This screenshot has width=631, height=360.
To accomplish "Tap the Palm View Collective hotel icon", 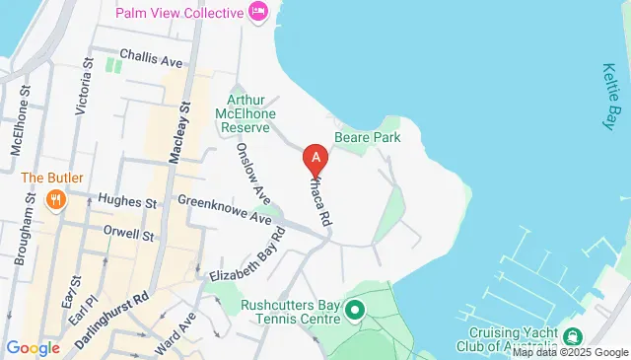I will pyautogui.click(x=259, y=12).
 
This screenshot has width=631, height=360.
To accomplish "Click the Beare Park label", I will pyautogui.click(x=367, y=138).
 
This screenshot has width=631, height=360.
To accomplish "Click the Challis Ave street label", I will pyautogui.click(x=151, y=59).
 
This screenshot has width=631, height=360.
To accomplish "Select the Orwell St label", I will pyautogui.click(x=128, y=236).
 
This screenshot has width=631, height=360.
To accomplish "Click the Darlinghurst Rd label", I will pyautogui.click(x=114, y=307).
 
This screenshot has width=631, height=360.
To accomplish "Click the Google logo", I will pyautogui.click(x=33, y=348).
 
